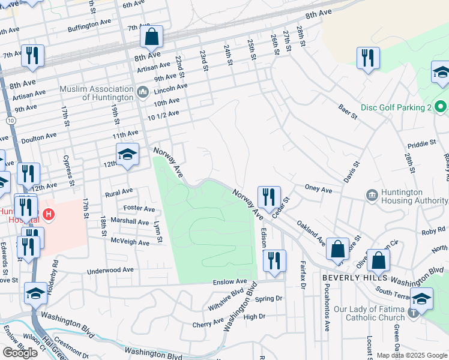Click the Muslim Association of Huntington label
tap(96, 93)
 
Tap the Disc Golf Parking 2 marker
tap(441, 107)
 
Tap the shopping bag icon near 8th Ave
tap(152, 37)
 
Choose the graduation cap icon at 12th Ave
tap(127, 155)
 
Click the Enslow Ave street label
tap(230, 281)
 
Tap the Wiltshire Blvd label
tap(226, 297)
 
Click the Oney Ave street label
tap(318, 190)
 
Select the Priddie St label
tap(421, 143)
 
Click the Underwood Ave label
tap(110, 270)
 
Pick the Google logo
tap(20, 352)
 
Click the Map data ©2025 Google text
tap(411, 355)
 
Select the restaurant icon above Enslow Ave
tap(274, 260)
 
